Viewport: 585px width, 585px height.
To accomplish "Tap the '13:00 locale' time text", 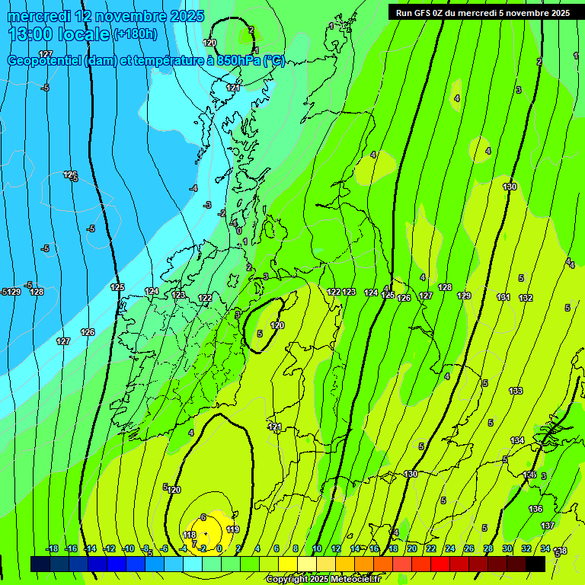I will [58, 34].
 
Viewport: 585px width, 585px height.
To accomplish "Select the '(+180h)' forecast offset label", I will [135, 34].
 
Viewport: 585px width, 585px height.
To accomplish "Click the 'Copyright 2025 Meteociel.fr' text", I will [323, 579].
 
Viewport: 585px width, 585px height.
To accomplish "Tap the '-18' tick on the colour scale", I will [52, 548].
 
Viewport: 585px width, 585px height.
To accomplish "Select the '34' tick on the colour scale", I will [545, 548].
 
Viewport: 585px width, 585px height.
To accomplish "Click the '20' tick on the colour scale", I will [411, 548].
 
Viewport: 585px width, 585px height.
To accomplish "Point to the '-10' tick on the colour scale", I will [129, 548].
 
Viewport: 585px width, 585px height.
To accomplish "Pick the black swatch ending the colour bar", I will [535, 564].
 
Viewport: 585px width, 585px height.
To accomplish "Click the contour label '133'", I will [516, 391].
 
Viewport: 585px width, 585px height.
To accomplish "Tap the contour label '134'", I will [517, 440].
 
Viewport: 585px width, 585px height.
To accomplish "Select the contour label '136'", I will [535, 509].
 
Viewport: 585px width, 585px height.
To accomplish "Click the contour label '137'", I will [548, 526].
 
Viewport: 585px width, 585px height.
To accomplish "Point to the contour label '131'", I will [503, 297].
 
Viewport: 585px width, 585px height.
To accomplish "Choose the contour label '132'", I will [526, 298].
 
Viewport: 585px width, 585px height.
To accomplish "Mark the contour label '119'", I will [233, 529].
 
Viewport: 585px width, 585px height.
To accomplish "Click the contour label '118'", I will [190, 535].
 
